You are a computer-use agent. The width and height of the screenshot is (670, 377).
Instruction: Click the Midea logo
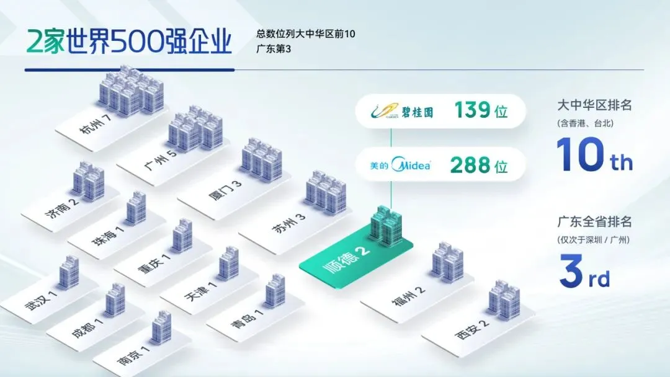tap(400, 167)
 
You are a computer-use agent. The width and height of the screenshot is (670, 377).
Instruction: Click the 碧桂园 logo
tap(404, 113)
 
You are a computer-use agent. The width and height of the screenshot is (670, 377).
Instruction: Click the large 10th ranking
tap(594, 154)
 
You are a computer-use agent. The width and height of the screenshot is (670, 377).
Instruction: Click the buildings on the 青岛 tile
tap(274, 292)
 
